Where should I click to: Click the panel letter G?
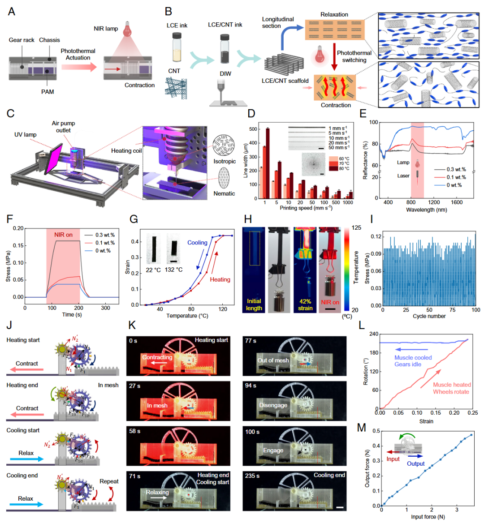(x=133, y=219)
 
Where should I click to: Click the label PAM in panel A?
(x=48, y=92)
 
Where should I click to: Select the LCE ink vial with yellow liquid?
(x=177, y=47)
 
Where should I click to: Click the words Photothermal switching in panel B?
(x=354, y=56)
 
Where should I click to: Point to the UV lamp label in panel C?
(x=26, y=134)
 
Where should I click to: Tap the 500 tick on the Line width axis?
(x=253, y=129)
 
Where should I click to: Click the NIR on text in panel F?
(x=63, y=235)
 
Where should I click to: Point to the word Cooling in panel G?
(x=197, y=243)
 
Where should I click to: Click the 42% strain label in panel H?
(x=305, y=304)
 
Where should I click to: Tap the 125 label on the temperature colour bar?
(x=356, y=228)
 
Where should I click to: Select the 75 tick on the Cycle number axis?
(x=453, y=310)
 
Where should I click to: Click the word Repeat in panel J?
(x=109, y=481)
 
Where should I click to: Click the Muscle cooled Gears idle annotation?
(x=413, y=361)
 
